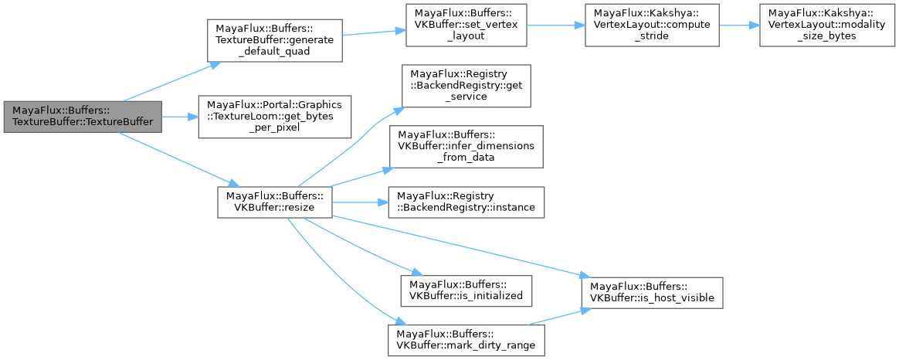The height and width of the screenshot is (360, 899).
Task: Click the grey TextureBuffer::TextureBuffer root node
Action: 83,117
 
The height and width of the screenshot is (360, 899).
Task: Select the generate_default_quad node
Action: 273,42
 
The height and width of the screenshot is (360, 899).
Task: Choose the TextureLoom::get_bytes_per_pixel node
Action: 274,117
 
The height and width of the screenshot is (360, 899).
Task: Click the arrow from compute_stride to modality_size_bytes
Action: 738,25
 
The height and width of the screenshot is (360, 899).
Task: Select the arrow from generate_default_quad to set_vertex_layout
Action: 369,33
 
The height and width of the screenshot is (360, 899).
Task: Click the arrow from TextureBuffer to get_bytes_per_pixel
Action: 179,117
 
